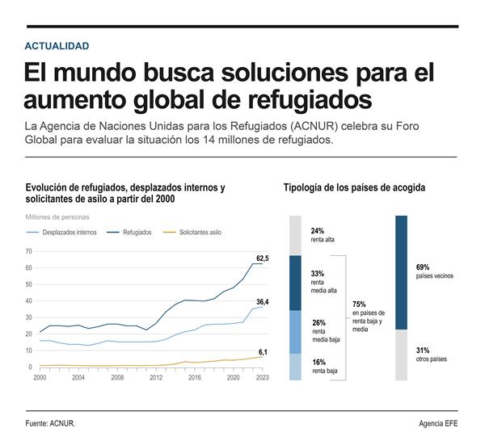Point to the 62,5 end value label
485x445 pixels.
tap(263, 258)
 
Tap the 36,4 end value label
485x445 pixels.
tap(263, 302)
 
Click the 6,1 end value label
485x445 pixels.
tap(263, 352)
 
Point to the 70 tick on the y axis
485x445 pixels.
tap(28, 251)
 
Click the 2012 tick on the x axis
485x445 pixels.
tap(156, 377)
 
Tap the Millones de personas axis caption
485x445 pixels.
tap(57, 217)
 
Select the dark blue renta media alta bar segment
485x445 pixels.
tap(295, 283)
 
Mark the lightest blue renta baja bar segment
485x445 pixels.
tap(295, 367)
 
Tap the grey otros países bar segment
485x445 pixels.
tap(401, 355)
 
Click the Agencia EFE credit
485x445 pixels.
tap(438, 423)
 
